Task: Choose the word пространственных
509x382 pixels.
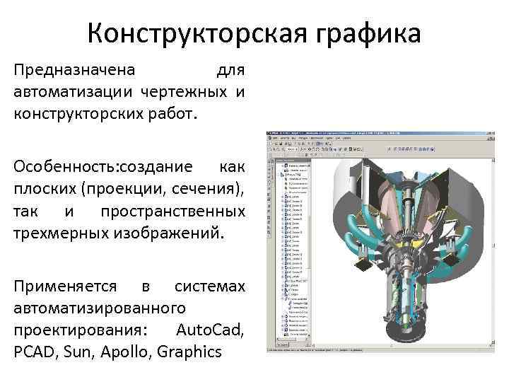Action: click(172, 211)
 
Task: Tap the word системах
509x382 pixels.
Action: click(210, 286)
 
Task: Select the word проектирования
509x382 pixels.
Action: click(73, 330)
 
